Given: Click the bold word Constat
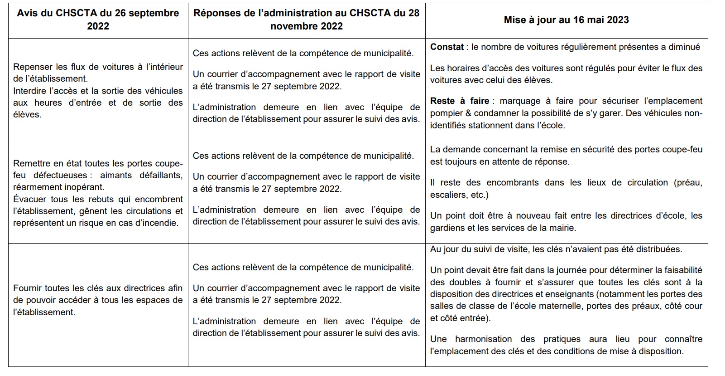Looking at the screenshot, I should point(447,47).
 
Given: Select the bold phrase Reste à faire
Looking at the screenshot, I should point(459,101).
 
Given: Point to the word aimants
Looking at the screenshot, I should point(116,175).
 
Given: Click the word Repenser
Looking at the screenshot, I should point(32,67).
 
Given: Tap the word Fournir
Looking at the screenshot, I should point(28,288).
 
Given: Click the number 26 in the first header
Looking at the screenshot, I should point(121,13).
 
